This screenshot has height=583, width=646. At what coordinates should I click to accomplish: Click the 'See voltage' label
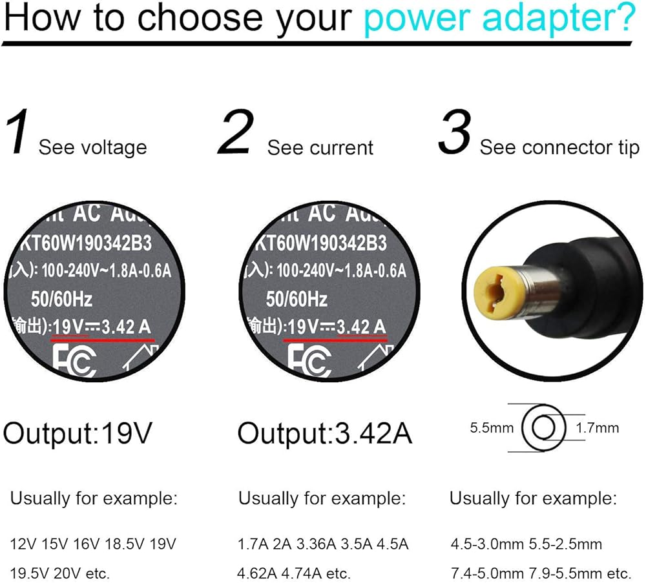pyautogui.click(x=92, y=147)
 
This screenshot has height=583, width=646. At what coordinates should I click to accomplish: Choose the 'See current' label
pyautogui.click(x=320, y=147)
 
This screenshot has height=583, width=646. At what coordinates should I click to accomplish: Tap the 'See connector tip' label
pyautogui.click(x=559, y=147)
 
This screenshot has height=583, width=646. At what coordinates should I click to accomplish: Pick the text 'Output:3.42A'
pyautogui.click(x=324, y=433)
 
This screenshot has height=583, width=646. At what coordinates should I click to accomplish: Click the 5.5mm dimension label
pyautogui.click(x=492, y=427)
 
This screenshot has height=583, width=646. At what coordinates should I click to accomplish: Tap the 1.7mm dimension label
pyautogui.click(x=597, y=427)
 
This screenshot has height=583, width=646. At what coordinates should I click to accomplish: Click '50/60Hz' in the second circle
pyautogui.click(x=298, y=299)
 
